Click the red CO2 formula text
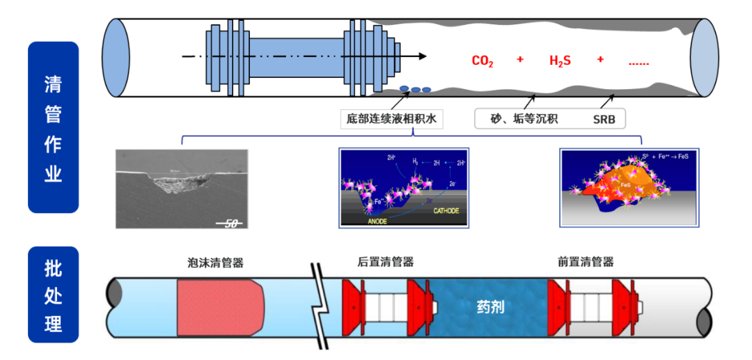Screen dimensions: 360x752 coord(483,61)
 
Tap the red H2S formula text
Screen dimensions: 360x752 coord(560,61)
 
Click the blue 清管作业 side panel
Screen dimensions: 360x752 coord(53,127)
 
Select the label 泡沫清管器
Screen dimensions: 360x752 coord(216,263)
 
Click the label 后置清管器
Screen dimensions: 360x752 coord(381,263)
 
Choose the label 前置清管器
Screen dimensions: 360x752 coord(586,263)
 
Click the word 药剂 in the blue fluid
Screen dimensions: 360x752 coord(490,306)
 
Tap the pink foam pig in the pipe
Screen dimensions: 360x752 coord(219,306)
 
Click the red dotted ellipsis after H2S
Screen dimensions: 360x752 coord(639,63)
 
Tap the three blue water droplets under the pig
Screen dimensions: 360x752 coord(415,89)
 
